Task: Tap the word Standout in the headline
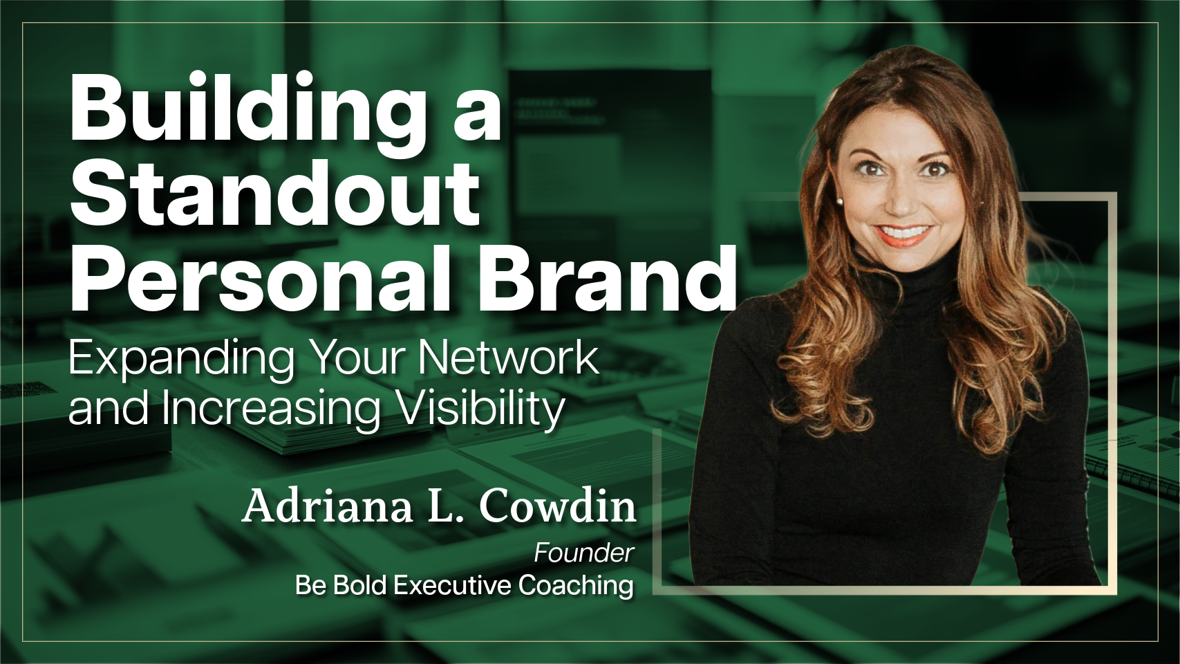275,194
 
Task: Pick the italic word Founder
583,553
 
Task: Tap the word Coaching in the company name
576,587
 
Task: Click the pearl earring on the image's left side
840,201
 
